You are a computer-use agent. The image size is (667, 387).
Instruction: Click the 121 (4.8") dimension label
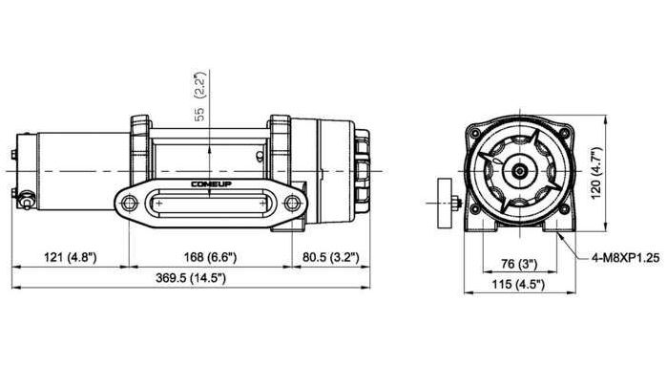(71, 257)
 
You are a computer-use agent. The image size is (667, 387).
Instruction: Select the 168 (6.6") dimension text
(210, 257)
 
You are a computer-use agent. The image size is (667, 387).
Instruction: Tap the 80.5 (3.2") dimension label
(331, 257)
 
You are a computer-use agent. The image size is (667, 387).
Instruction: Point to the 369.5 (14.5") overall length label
(191, 278)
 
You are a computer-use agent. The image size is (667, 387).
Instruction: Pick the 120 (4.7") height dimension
(596, 172)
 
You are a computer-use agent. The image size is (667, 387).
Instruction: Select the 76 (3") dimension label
(519, 265)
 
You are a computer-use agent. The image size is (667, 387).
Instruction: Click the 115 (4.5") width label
(518, 285)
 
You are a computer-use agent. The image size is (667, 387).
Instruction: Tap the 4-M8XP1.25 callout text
(626, 257)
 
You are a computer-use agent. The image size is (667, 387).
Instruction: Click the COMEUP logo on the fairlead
(212, 184)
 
